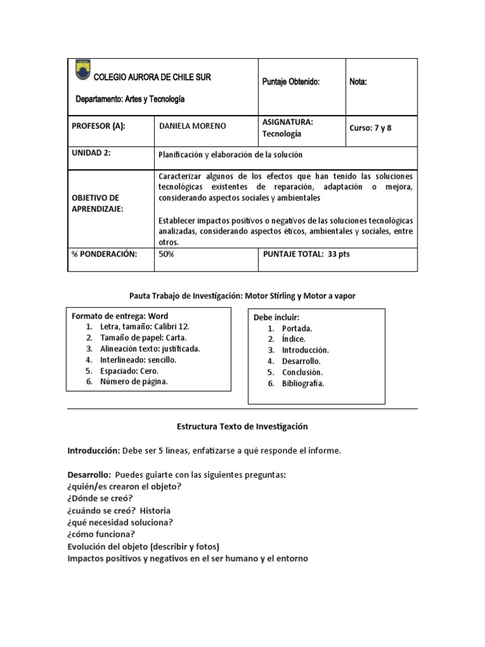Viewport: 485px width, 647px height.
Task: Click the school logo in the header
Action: click(82, 70)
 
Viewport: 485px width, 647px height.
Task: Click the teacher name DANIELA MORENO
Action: click(193, 126)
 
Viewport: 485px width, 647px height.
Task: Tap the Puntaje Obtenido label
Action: click(290, 82)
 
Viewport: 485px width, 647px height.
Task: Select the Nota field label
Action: click(358, 82)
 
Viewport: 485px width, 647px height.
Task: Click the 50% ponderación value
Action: click(167, 253)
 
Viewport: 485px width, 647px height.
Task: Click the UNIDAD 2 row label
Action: click(92, 153)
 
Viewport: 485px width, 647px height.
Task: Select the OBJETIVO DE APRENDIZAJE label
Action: click(100, 203)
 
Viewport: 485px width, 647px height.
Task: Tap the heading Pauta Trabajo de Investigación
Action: click(242, 295)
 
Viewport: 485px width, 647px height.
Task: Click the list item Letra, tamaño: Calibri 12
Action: click(144, 327)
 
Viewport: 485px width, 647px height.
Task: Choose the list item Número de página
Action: click(134, 381)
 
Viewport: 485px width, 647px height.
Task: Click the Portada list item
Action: click(297, 329)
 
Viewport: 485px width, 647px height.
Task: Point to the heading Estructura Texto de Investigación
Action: click(242, 426)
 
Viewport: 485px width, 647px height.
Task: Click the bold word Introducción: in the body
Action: click(93, 450)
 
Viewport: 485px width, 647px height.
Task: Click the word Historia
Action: click(155, 510)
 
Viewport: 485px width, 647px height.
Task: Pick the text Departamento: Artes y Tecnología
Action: click(130, 99)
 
